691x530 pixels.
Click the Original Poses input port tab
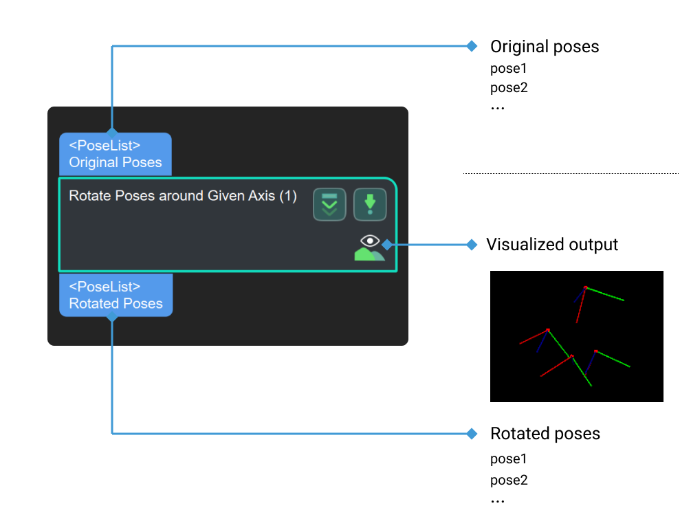pyautogui.click(x=115, y=154)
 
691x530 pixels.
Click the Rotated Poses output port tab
pyautogui.click(x=116, y=295)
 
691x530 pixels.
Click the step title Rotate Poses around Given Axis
pyautogui.click(x=183, y=196)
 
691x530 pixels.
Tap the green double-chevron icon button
pyautogui.click(x=329, y=205)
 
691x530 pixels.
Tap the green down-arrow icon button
pyautogui.click(x=370, y=205)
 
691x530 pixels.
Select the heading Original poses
pyautogui.click(x=544, y=47)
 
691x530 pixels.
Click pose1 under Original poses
pyautogui.click(x=508, y=69)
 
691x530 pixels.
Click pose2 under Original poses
pyautogui.click(x=508, y=88)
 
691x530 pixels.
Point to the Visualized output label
pyautogui.click(x=551, y=245)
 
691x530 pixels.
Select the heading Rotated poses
pyautogui.click(x=545, y=434)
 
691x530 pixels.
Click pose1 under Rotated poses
pyautogui.click(x=508, y=459)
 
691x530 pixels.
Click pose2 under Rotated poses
pyautogui.click(x=508, y=481)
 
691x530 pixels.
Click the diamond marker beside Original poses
pyautogui.click(x=471, y=46)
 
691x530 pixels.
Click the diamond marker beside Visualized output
pyautogui.click(x=471, y=245)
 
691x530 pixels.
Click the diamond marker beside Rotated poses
pyautogui.click(x=471, y=434)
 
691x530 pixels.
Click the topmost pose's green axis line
pyautogui.click(x=605, y=294)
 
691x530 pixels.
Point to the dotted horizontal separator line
pyautogui.click(x=571, y=173)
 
